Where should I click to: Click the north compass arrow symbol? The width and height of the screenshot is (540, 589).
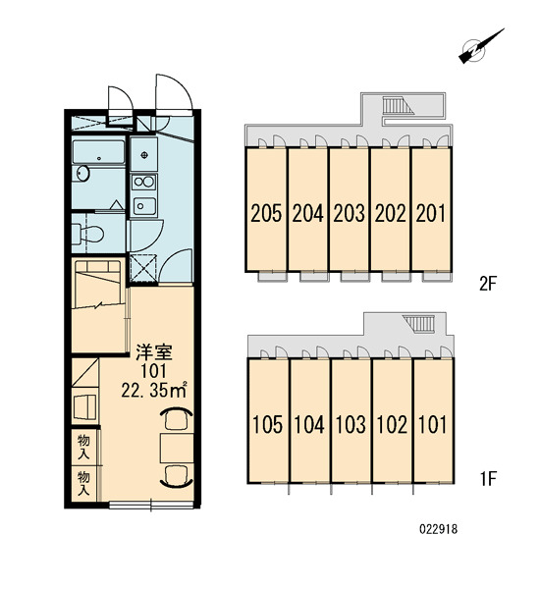click(x=481, y=46)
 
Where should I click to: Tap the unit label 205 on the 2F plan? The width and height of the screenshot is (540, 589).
click(x=266, y=213)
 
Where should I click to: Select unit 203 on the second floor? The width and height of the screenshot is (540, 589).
click(x=349, y=213)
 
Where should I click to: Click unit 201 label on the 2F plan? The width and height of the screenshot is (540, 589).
click(x=431, y=213)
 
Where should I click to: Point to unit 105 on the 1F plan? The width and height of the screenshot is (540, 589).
click(x=267, y=425)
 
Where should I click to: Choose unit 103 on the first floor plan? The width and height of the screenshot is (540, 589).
click(x=350, y=425)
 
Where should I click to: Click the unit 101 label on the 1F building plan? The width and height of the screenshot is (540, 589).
click(x=432, y=425)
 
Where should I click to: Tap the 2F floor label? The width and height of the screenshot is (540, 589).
click(x=488, y=284)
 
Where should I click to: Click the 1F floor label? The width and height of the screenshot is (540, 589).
click(x=488, y=479)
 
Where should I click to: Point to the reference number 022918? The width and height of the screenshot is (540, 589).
click(x=438, y=530)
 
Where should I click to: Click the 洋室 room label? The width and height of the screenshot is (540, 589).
click(x=154, y=351)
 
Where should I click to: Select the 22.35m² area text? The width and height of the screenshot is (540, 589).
click(x=154, y=391)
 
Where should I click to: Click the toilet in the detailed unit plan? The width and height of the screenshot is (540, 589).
click(x=88, y=234)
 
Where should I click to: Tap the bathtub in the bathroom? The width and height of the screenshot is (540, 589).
click(x=98, y=152)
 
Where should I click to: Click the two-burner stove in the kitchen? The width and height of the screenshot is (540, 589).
click(x=144, y=183)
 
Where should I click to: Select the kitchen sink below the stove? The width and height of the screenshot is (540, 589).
click(x=144, y=206)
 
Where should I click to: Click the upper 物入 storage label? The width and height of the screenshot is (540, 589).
click(x=83, y=447)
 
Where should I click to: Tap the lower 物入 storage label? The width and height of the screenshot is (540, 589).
click(x=83, y=484)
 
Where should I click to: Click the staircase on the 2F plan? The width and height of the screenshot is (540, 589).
click(x=398, y=105)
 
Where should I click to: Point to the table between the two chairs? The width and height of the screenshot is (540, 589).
click(x=177, y=448)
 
